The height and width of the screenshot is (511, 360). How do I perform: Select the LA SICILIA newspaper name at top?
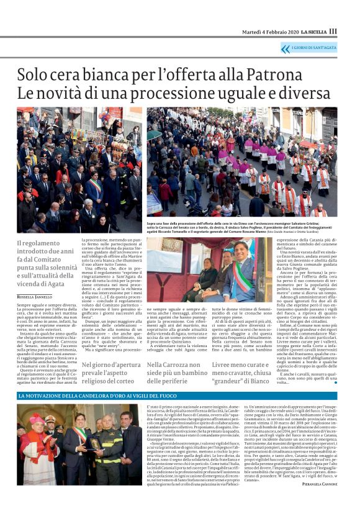tap(313, 31)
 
